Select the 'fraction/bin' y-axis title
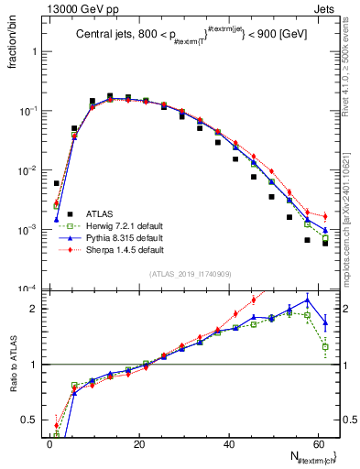tap(11, 42)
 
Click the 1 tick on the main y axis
tap(37, 51)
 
